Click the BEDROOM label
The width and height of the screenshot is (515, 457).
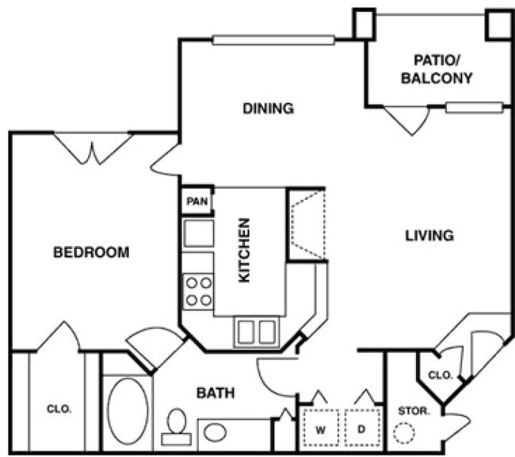point(90,252)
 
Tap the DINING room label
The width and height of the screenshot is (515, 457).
point(268,109)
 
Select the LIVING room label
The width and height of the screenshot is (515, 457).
point(429,235)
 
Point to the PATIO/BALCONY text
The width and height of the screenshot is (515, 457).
point(437,69)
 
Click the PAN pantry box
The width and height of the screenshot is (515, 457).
point(196,202)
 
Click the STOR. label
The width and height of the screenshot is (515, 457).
point(414,411)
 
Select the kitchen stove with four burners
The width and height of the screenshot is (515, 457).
point(198,291)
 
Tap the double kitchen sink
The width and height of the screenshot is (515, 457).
point(257,332)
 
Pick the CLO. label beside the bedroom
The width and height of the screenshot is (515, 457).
point(59,409)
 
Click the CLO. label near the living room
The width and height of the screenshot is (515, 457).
point(440,374)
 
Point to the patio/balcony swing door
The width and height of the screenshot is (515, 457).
point(406,119)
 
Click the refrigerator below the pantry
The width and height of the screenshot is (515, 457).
point(198,234)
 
